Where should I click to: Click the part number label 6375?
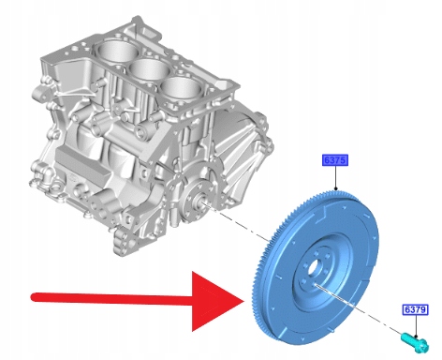(x=334, y=160)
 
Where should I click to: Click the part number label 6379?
(x=415, y=309)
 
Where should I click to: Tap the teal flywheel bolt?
(x=415, y=342)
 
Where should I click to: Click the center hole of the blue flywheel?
(x=313, y=268)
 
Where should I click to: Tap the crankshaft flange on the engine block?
(x=196, y=200)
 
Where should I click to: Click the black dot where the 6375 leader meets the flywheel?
(x=335, y=188)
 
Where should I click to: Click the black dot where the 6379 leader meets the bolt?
(x=416, y=337)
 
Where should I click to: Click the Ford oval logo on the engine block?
(x=72, y=178)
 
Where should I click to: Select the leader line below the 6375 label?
(x=335, y=177)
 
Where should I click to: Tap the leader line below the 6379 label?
(x=416, y=325)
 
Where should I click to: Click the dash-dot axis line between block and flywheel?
(x=236, y=222)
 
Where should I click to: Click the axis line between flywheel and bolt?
(x=359, y=308)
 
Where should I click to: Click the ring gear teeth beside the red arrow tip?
(x=256, y=297)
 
